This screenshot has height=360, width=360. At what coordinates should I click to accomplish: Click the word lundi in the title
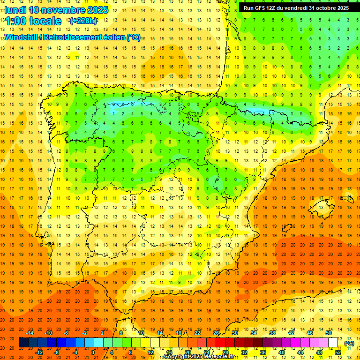(x=15, y=10)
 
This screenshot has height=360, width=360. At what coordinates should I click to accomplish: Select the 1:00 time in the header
(x=15, y=21)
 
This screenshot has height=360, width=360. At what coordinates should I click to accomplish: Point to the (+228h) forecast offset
(x=83, y=21)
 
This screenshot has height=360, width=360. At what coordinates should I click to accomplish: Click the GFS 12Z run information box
(x=296, y=7)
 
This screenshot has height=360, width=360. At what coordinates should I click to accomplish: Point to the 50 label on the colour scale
(x=329, y=333)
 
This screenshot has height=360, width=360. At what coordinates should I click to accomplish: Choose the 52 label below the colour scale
(x=338, y=352)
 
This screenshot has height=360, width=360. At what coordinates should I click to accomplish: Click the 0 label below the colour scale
(x=93, y=352)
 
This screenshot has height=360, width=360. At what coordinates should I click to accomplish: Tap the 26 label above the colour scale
(x=216, y=333)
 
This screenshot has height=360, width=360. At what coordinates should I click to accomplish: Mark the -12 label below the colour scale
(x=39, y=352)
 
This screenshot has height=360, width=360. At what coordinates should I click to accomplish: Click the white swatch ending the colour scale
(x=333, y=343)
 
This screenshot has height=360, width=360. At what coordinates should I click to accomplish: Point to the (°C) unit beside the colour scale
(x=349, y=343)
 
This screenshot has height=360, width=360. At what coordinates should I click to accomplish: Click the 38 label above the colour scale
(x=272, y=333)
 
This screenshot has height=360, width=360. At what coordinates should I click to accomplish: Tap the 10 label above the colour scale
(x=141, y=333)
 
